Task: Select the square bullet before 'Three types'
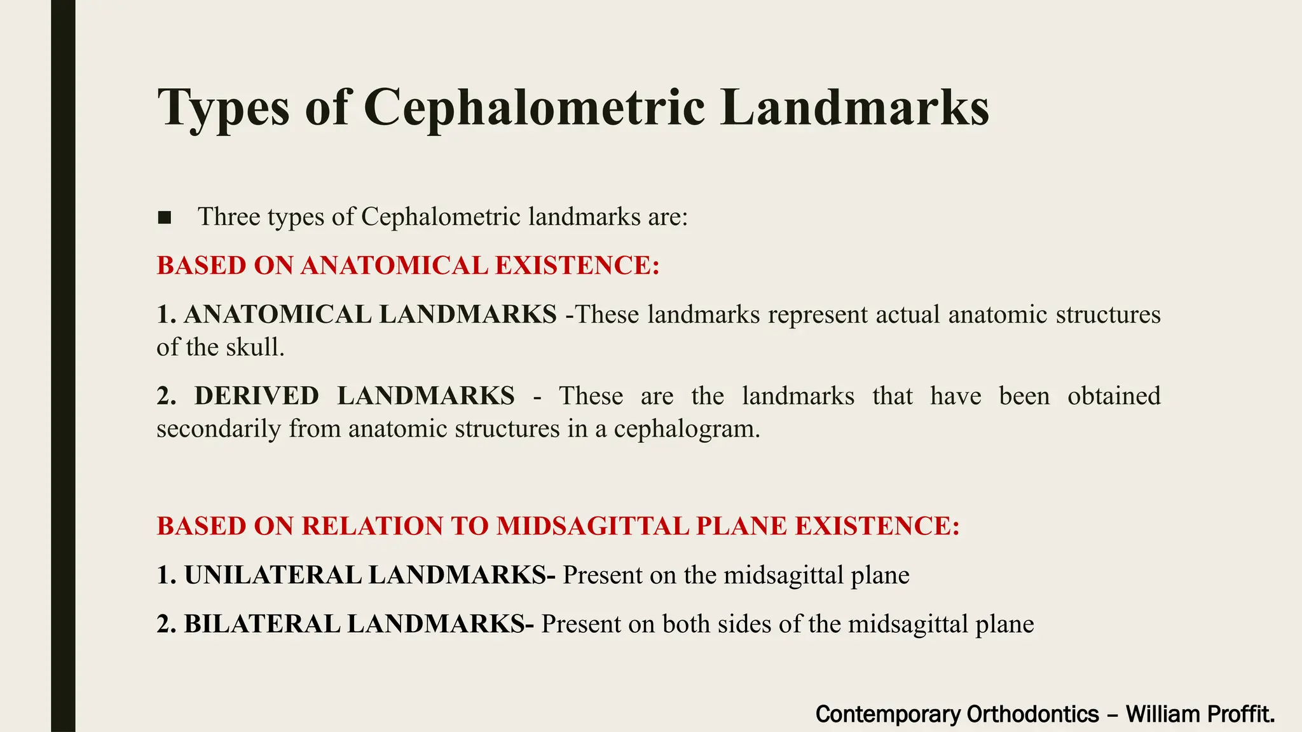click(165, 218)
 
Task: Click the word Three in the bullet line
click(229, 217)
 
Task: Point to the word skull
click(257, 348)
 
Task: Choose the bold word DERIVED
click(256, 396)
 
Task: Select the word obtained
click(1114, 396)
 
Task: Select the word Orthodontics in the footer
click(1032, 714)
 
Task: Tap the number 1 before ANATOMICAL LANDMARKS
click(164, 315)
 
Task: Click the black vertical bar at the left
click(63, 366)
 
